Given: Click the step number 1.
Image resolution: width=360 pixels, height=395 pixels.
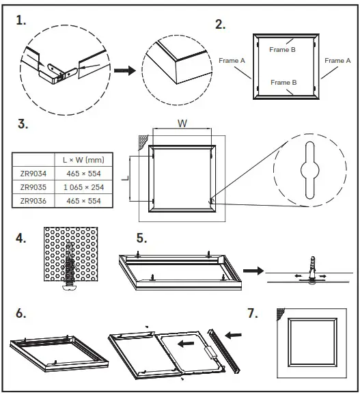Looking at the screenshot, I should point(21,21).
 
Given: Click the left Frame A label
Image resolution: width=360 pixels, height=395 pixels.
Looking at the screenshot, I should point(232,61).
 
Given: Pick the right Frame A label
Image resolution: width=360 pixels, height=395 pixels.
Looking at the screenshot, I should point(337,61).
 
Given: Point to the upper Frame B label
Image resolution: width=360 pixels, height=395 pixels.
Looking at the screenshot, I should point(282,50).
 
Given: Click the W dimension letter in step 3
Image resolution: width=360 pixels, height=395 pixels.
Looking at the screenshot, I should point(182,124).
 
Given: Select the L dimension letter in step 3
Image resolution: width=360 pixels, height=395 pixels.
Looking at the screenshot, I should point(124,178).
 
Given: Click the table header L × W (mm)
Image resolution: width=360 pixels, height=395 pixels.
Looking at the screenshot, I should point(78,159).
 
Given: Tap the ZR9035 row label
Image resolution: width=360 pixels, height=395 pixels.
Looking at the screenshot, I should point(33,187).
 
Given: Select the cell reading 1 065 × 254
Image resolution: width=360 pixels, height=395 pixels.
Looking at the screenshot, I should point(78,187).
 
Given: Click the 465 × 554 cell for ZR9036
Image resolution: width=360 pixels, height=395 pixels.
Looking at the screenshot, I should point(78,201).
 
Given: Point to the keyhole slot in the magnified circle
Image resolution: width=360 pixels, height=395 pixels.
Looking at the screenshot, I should point(309,170).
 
